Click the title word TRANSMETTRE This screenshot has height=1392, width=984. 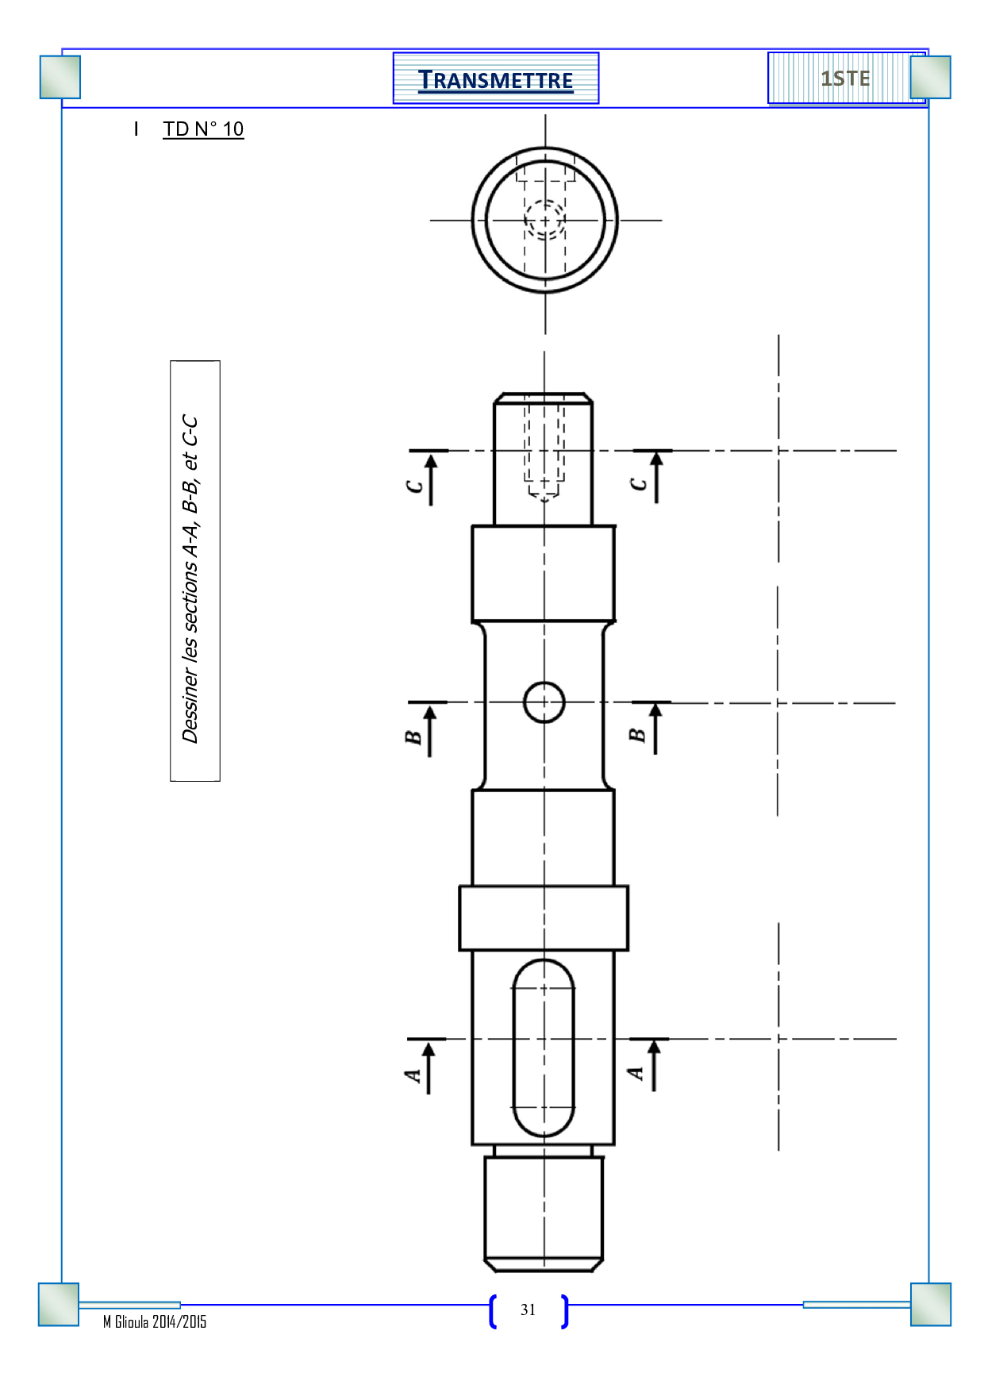[495, 80]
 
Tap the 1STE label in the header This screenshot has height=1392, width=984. [845, 79]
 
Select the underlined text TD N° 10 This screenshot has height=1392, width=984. [203, 129]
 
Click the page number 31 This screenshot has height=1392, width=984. [529, 1309]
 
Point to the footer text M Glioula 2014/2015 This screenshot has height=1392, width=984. [155, 1321]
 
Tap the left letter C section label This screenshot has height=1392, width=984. [414, 486]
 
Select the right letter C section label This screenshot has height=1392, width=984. [639, 484]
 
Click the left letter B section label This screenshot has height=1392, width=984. [413, 737]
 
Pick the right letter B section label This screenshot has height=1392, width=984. [637, 735]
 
